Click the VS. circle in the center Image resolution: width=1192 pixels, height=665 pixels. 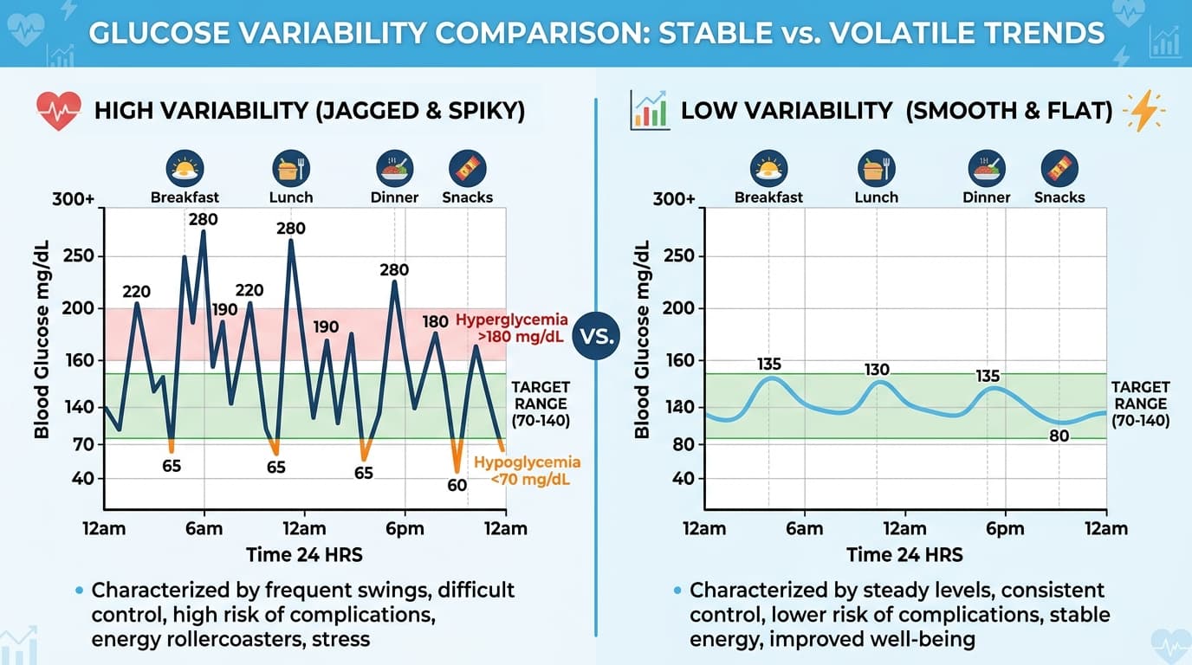coord(596,336)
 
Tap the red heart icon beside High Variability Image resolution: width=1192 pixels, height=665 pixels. coord(58,111)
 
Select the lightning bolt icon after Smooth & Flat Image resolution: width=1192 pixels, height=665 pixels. coord(1143,111)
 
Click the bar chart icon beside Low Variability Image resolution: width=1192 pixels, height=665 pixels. coord(650,111)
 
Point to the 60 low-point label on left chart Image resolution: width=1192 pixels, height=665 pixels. coord(457,485)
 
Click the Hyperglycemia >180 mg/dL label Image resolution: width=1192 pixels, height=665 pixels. coord(512,328)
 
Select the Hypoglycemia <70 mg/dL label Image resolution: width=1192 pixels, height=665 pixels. coord(527,471)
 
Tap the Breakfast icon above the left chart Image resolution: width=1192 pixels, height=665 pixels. coord(185,166)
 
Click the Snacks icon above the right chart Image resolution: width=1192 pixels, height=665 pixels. coord(1059,166)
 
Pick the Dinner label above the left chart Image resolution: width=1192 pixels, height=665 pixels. coord(394,197)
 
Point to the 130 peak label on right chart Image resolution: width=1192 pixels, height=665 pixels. coord(877,370)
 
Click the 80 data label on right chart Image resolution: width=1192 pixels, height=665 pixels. coord(1059,436)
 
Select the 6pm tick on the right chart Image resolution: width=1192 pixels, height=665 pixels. coord(1004,529)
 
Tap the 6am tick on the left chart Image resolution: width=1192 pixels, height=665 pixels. coord(204,529)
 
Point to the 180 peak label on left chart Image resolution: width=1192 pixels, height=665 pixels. coord(435,322)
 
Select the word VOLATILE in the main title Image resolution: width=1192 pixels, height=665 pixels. coord(879,33)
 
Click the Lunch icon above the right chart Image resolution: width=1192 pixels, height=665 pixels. coord(876,166)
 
